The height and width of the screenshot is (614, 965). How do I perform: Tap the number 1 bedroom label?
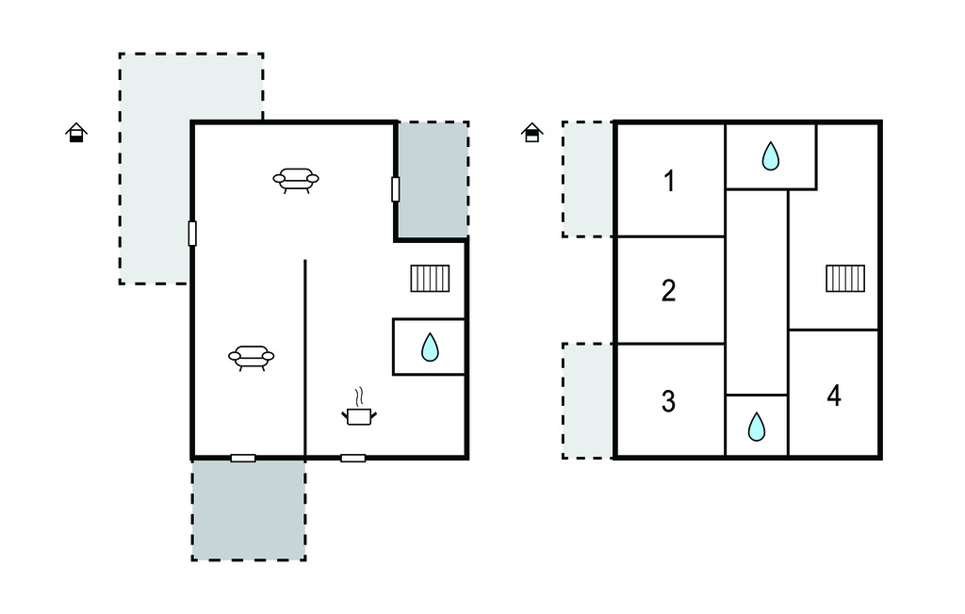coord(669,182)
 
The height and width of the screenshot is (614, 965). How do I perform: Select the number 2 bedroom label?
coord(669,290)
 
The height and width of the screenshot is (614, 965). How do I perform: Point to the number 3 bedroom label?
coord(668,401)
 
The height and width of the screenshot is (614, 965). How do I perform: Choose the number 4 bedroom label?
coord(834,396)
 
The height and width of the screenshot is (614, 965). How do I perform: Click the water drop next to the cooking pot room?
coord(430,347)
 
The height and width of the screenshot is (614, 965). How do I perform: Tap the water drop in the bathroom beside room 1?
coord(771,155)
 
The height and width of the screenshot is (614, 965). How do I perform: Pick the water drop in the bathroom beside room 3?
coord(757,427)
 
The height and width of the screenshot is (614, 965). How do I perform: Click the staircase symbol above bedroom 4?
coord(845,278)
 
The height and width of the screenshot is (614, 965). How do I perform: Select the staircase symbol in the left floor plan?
coord(430,278)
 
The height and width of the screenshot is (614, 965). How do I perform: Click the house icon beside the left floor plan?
coord(76,132)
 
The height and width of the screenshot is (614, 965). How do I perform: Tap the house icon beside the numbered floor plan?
coord(532,132)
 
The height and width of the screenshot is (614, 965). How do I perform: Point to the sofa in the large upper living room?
coord(296,180)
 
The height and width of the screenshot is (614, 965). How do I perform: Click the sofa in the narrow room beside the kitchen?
coord(251,358)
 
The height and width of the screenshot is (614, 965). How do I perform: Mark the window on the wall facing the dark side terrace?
coord(395,189)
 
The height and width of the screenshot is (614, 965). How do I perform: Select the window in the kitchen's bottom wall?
coord(353,459)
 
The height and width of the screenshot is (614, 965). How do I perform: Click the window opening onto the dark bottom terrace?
coord(243,459)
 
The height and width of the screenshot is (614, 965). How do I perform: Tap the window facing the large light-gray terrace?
coord(192,234)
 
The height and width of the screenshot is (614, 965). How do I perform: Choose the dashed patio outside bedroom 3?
coord(588,400)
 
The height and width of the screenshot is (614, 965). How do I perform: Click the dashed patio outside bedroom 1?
coord(588,179)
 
